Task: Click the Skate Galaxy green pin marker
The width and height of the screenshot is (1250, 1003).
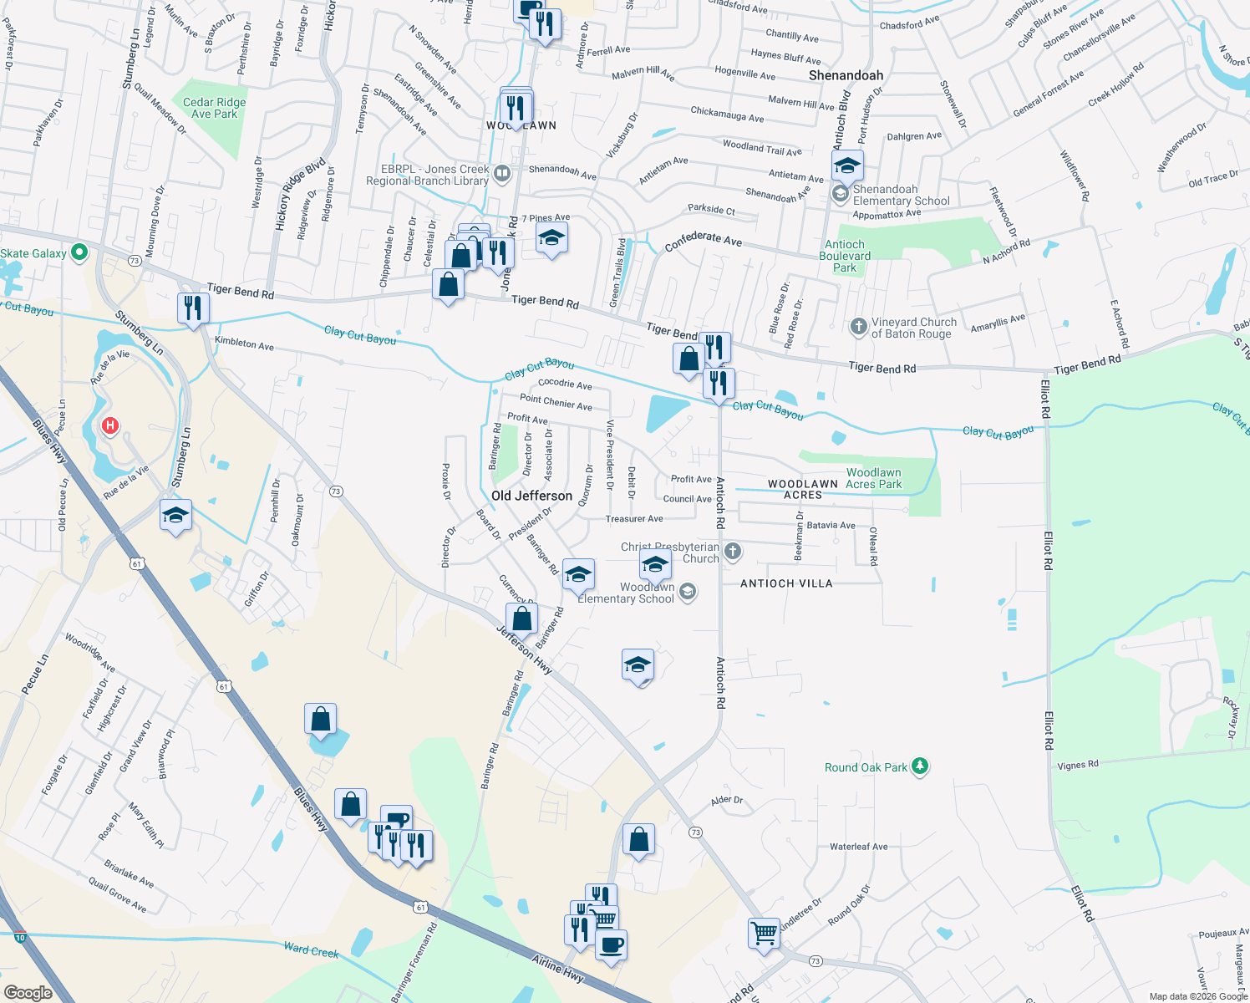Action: tap(79, 252)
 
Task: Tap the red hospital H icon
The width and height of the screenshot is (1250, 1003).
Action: tap(109, 426)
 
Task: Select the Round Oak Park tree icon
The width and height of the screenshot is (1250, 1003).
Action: tap(920, 766)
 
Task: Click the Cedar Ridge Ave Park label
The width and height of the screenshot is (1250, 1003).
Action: tap(215, 108)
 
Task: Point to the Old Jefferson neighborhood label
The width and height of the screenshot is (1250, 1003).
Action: tap(531, 496)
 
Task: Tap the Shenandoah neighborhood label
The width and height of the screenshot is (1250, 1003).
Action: tap(846, 75)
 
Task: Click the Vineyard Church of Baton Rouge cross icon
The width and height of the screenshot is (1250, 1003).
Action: tap(858, 327)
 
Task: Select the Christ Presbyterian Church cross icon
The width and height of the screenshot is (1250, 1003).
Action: tap(733, 550)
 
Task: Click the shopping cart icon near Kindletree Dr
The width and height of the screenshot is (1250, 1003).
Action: tap(765, 933)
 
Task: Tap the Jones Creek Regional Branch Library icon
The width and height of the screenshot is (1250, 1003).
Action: tap(502, 174)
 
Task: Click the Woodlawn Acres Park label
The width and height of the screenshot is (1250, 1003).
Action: tap(873, 478)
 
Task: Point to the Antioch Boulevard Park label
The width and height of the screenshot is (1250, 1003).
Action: tap(845, 256)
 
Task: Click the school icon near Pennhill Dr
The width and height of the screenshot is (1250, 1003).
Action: tap(175, 516)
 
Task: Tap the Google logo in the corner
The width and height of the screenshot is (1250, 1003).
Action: tap(28, 992)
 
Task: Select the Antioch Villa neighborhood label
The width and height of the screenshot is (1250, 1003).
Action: tap(786, 583)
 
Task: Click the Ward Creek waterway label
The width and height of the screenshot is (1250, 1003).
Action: tap(311, 950)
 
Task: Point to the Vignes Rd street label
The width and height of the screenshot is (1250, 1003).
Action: tap(1078, 765)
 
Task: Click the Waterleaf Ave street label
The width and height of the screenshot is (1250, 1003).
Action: tap(858, 847)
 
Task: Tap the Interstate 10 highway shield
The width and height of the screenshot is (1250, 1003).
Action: tap(20, 937)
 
